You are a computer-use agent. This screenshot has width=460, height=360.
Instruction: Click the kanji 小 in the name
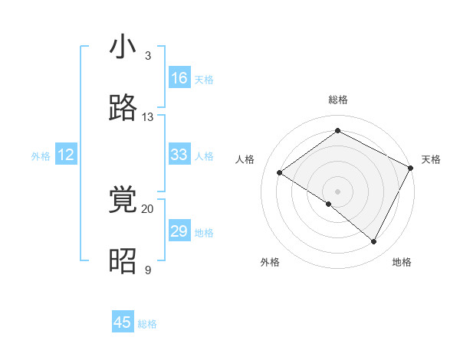click(123, 47)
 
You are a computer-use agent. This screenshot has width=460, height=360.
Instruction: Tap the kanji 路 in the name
click(123, 109)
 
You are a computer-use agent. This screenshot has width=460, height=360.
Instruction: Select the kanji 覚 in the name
click(123, 201)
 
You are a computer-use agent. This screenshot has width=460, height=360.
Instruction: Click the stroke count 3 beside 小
click(148, 56)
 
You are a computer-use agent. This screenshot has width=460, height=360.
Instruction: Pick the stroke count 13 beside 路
click(148, 117)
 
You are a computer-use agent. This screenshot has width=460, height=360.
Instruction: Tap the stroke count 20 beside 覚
click(148, 208)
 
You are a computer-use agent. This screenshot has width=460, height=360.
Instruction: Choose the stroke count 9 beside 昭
click(148, 270)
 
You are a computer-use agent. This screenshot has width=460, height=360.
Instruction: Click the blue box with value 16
click(179, 78)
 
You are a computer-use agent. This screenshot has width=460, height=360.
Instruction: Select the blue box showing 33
click(179, 155)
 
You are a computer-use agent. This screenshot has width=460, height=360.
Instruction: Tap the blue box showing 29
click(179, 231)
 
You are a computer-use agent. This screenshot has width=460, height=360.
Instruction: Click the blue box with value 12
click(66, 155)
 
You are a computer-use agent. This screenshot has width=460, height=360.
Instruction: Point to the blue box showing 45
click(123, 322)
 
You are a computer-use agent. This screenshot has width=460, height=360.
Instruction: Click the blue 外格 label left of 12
click(41, 156)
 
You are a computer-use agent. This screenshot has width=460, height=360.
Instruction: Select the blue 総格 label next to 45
click(147, 324)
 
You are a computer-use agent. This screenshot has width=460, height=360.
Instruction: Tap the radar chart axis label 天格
click(431, 159)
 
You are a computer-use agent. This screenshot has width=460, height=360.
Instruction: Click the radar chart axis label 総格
click(337, 100)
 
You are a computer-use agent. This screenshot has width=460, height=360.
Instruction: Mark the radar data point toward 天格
click(411, 167)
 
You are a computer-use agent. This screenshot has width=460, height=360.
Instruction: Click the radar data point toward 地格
click(374, 242)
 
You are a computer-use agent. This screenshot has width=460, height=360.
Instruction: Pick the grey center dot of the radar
click(337, 191)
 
